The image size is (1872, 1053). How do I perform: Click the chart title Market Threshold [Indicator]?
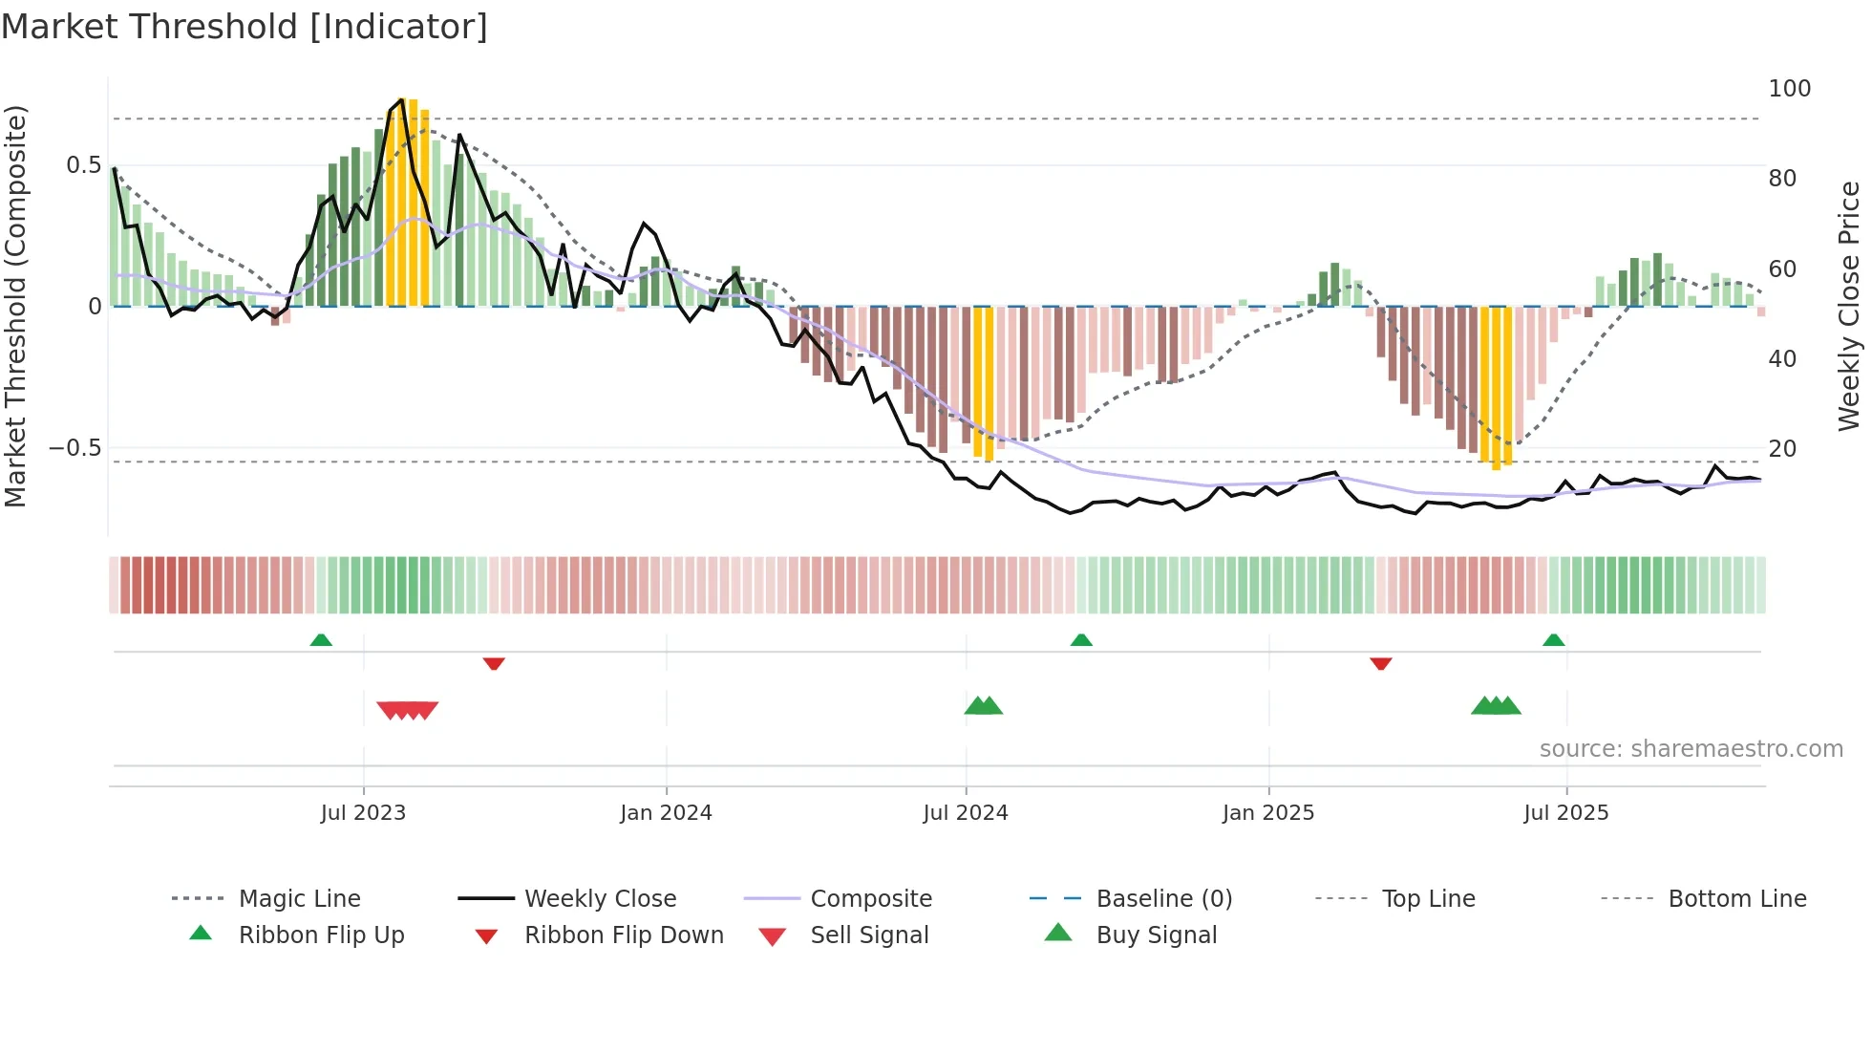point(245,27)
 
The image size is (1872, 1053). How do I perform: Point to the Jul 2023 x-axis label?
point(363,813)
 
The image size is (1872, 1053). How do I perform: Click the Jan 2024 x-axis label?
point(666,813)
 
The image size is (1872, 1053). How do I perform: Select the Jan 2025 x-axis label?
point(1268,813)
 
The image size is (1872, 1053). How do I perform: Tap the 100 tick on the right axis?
point(1789,89)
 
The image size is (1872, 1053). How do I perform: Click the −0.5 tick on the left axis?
point(75,448)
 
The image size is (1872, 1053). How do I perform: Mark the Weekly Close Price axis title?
point(1850,306)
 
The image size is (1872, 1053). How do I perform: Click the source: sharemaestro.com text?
point(1691,749)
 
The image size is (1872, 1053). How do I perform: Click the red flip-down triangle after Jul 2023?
point(494,663)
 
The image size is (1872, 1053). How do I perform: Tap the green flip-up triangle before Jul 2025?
point(1554,640)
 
